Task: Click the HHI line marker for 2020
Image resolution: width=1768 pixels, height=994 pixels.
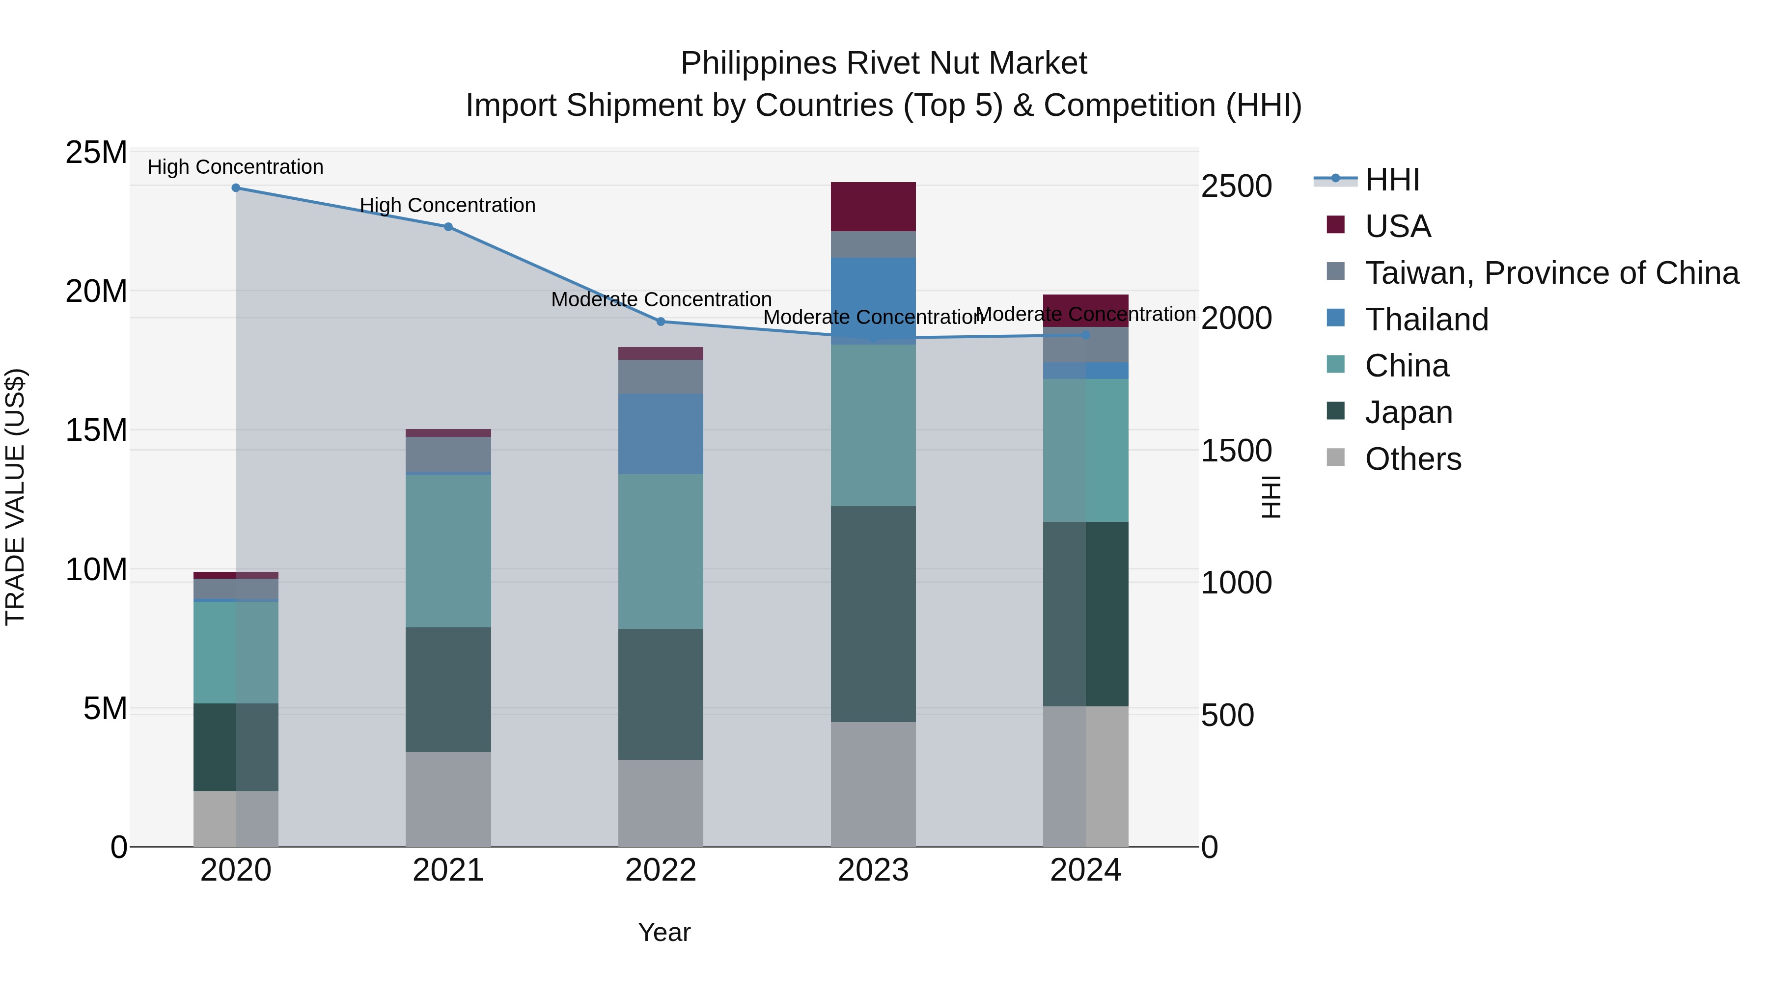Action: [x=235, y=188]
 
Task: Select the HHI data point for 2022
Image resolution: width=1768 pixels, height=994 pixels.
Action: [x=660, y=322]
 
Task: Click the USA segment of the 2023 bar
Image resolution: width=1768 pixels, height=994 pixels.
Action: [x=873, y=207]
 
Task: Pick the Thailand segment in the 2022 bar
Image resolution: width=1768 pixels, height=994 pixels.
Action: [x=660, y=433]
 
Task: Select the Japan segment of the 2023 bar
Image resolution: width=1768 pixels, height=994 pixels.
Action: [x=873, y=614]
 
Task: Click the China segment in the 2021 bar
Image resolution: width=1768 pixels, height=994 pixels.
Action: [x=448, y=551]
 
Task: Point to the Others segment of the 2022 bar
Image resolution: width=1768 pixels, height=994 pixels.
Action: [x=660, y=803]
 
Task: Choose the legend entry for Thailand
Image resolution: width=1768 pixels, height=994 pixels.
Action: [x=1426, y=320]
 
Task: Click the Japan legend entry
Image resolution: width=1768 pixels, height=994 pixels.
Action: [x=1409, y=413]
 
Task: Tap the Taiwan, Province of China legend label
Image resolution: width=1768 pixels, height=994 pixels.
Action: [x=1551, y=273]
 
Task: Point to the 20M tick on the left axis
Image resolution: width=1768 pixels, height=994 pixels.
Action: [x=96, y=292]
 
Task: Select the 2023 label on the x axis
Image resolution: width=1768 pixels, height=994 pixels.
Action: [x=873, y=870]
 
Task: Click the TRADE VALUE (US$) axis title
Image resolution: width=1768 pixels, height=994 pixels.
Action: [x=15, y=497]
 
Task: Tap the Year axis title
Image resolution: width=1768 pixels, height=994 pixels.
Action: [x=663, y=932]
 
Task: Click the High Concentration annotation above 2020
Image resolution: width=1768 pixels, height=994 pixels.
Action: [x=235, y=167]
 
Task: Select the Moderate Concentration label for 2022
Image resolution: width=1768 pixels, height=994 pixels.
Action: [x=661, y=300]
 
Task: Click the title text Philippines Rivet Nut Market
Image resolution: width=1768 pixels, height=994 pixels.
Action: [x=884, y=63]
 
